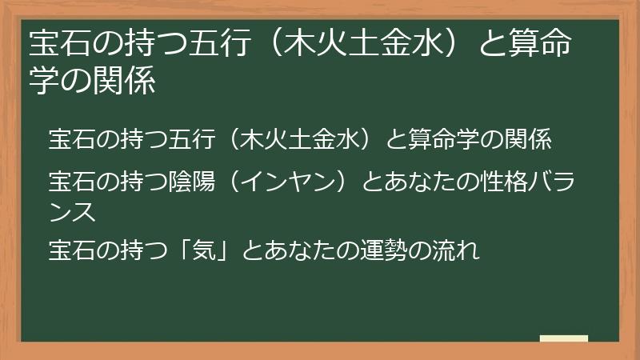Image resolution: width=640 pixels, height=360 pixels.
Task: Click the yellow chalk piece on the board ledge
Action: pyautogui.click(x=563, y=338)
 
